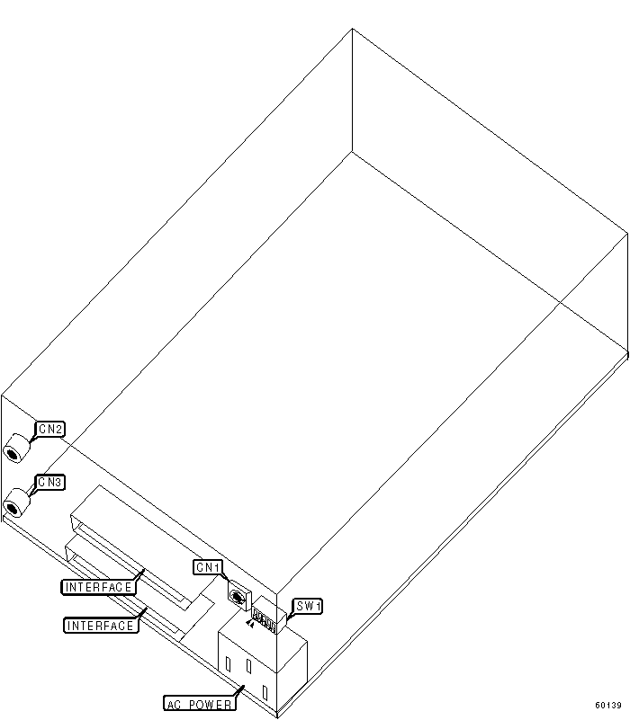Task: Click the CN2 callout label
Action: tap(49, 429)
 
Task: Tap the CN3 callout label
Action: tap(49, 483)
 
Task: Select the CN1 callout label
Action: tap(208, 567)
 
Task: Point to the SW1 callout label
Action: tap(307, 607)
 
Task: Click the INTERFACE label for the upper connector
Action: tap(99, 587)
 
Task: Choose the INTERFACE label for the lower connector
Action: tap(101, 625)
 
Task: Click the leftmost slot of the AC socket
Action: tap(229, 666)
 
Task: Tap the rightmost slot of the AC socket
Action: tap(265, 692)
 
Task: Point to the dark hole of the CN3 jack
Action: tap(13, 508)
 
